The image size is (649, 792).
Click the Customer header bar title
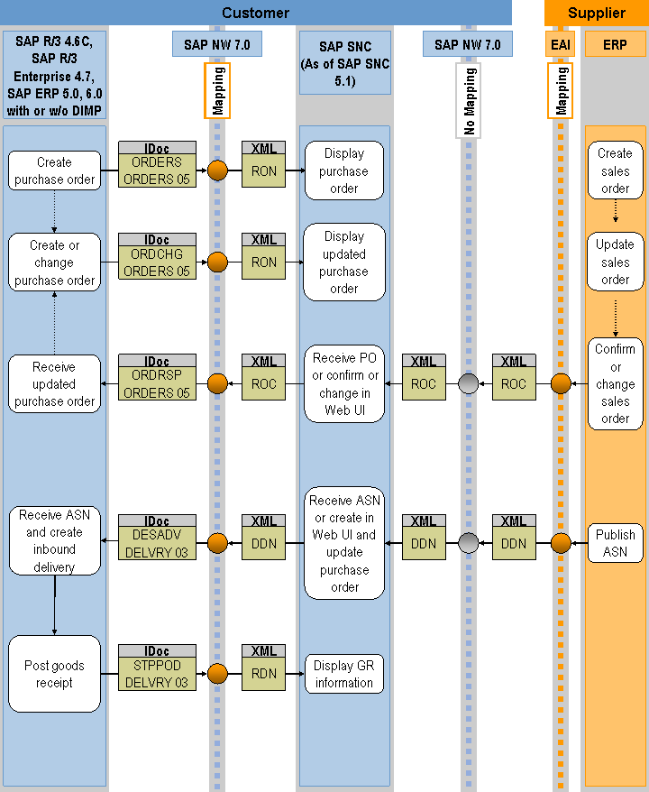click(256, 13)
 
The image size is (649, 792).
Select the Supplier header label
click(596, 13)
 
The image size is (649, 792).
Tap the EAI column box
click(560, 44)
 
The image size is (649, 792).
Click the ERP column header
click(616, 44)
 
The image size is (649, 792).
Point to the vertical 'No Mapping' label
click(469, 100)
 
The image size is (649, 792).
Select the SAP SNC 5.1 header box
click(343, 63)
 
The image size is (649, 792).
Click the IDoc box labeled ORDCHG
click(157, 256)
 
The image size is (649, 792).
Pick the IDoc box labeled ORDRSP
click(157, 378)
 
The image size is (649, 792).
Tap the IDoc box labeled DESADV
click(157, 538)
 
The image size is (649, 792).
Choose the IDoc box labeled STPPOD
click(157, 668)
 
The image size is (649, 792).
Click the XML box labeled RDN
click(264, 668)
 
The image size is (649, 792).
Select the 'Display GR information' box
click(343, 675)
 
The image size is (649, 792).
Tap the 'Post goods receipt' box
click(55, 675)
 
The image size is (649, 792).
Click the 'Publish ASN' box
click(615, 543)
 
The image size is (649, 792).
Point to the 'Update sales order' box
click(615, 262)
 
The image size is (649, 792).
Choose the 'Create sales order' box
click(615, 170)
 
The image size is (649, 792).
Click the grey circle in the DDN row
click(468, 544)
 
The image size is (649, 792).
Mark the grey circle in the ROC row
click(468, 384)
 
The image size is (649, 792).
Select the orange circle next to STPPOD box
click(217, 674)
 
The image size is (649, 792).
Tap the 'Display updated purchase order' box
click(343, 262)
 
